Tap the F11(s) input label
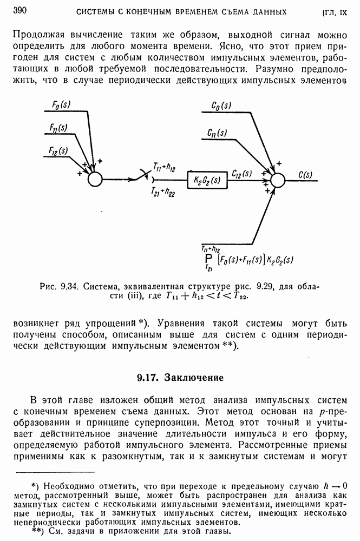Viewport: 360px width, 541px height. [x=58, y=128]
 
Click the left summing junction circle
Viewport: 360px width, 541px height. [x=95, y=179]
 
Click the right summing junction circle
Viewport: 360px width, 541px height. [x=277, y=179]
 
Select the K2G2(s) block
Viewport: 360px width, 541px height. [x=205, y=179]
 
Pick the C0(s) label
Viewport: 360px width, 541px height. [x=222, y=105]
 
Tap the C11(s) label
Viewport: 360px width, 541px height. [x=217, y=133]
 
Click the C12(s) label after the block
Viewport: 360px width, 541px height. [x=242, y=173]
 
